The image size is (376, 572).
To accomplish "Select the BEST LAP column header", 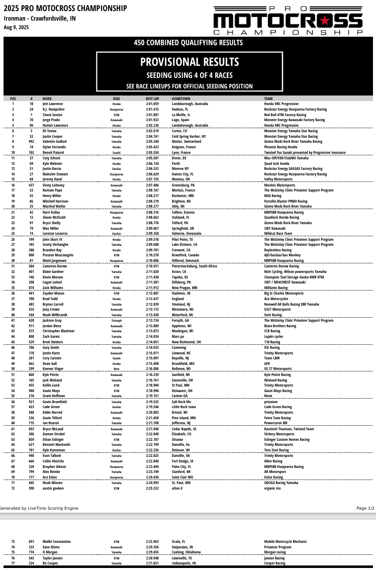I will pyautogui.click(x=152, y=99).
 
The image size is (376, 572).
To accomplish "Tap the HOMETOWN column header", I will pyautogui.click(x=180, y=99).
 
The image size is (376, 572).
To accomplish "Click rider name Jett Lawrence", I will pyautogui.click(x=53, y=104).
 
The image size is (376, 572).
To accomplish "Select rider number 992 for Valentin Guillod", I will pyautogui.click(x=31, y=142).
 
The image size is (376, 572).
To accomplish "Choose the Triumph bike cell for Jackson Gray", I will pyautogui.click(x=116, y=320).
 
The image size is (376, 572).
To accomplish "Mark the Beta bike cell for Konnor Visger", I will pyautogui.click(x=116, y=368).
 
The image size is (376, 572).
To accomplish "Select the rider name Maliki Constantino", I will pyautogui.click(x=58, y=541).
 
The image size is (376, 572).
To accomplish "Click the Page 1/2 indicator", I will pyautogui.click(x=365, y=508).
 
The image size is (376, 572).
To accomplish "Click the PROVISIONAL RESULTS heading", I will pyautogui.click(x=190, y=62).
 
